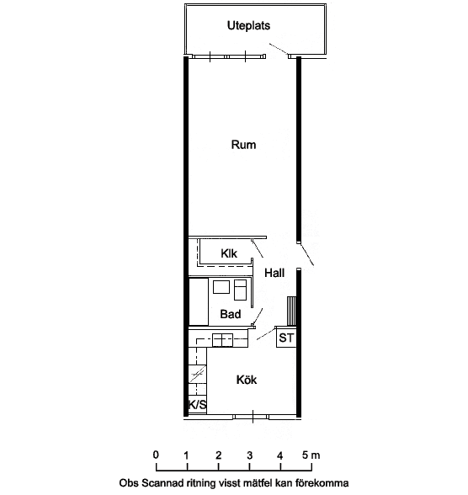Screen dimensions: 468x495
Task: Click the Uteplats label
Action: pyautogui.click(x=248, y=25)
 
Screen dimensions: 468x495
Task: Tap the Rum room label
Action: pyautogui.click(x=243, y=145)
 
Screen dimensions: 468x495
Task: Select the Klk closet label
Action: pyautogui.click(x=229, y=253)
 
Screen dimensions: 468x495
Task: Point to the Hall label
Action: pyautogui.click(x=274, y=273)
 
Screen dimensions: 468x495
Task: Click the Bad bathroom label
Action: pyautogui.click(x=231, y=314)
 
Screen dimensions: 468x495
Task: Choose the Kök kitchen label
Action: pyautogui.click(x=247, y=380)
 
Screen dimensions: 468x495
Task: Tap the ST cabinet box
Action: pyautogui.click(x=286, y=338)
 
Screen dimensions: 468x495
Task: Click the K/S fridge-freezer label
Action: pyautogui.click(x=197, y=404)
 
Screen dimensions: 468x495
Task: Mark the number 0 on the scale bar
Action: pyautogui.click(x=156, y=455)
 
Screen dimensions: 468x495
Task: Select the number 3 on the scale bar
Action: pyautogui.click(x=250, y=455)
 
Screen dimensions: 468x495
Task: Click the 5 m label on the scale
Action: pyautogui.click(x=311, y=455)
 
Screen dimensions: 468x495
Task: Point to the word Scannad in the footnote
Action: pyautogui.click(x=160, y=483)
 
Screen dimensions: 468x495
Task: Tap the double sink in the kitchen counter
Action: pyautogui.click(x=222, y=340)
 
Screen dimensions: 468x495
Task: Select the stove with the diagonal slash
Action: pyautogui.click(x=197, y=374)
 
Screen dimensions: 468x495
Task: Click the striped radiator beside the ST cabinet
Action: pyautogui.click(x=291, y=311)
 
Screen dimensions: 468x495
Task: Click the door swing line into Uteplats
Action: pyautogui.click(x=279, y=49)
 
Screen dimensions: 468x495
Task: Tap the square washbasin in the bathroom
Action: pyautogui.click(x=221, y=287)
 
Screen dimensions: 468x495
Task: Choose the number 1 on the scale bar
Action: pyautogui.click(x=187, y=455)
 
